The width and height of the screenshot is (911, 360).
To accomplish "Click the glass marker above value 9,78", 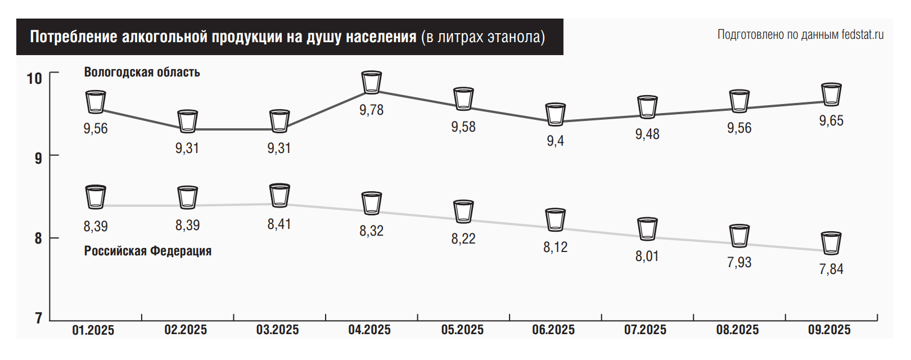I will tap(371, 82).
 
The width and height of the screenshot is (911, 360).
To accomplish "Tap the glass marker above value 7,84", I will tap(831, 243).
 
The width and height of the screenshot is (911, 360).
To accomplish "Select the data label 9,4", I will tap(555, 141).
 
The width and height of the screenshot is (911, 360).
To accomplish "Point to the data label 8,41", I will tap(279, 224).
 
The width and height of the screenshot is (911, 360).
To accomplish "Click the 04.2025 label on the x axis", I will tap(369, 330).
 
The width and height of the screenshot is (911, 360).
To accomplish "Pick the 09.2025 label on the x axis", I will tap(829, 330).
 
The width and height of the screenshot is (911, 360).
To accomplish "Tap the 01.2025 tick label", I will tap(93, 330).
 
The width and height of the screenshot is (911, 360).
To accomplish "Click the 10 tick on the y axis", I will tap(35, 78).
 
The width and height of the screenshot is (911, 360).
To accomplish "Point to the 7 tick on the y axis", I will tap(38, 318).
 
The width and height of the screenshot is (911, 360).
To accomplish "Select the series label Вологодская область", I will tap(142, 72).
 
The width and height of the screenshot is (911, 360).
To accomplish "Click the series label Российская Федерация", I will tap(148, 251).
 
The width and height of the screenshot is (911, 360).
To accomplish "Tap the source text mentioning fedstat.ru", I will tap(800, 35).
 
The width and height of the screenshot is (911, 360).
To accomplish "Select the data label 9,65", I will tap(831, 120).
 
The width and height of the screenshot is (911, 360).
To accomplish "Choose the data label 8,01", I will tap(647, 256).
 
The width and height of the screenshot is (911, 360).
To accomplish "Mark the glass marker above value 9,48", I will tap(647, 107).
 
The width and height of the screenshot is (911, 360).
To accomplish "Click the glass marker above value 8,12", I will tap(555, 220).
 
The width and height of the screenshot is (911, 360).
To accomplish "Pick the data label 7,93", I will tap(739, 262).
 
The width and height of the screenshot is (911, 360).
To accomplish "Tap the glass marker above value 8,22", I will tap(463, 211).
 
